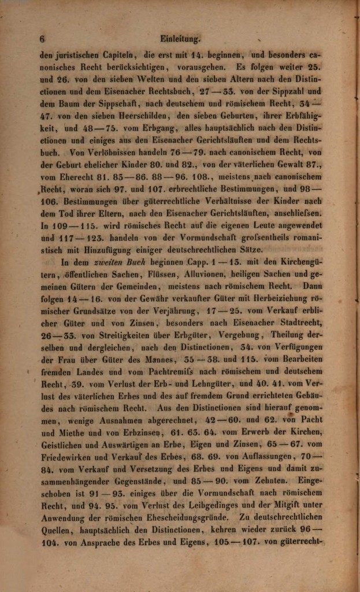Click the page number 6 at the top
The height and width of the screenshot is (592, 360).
point(42,39)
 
